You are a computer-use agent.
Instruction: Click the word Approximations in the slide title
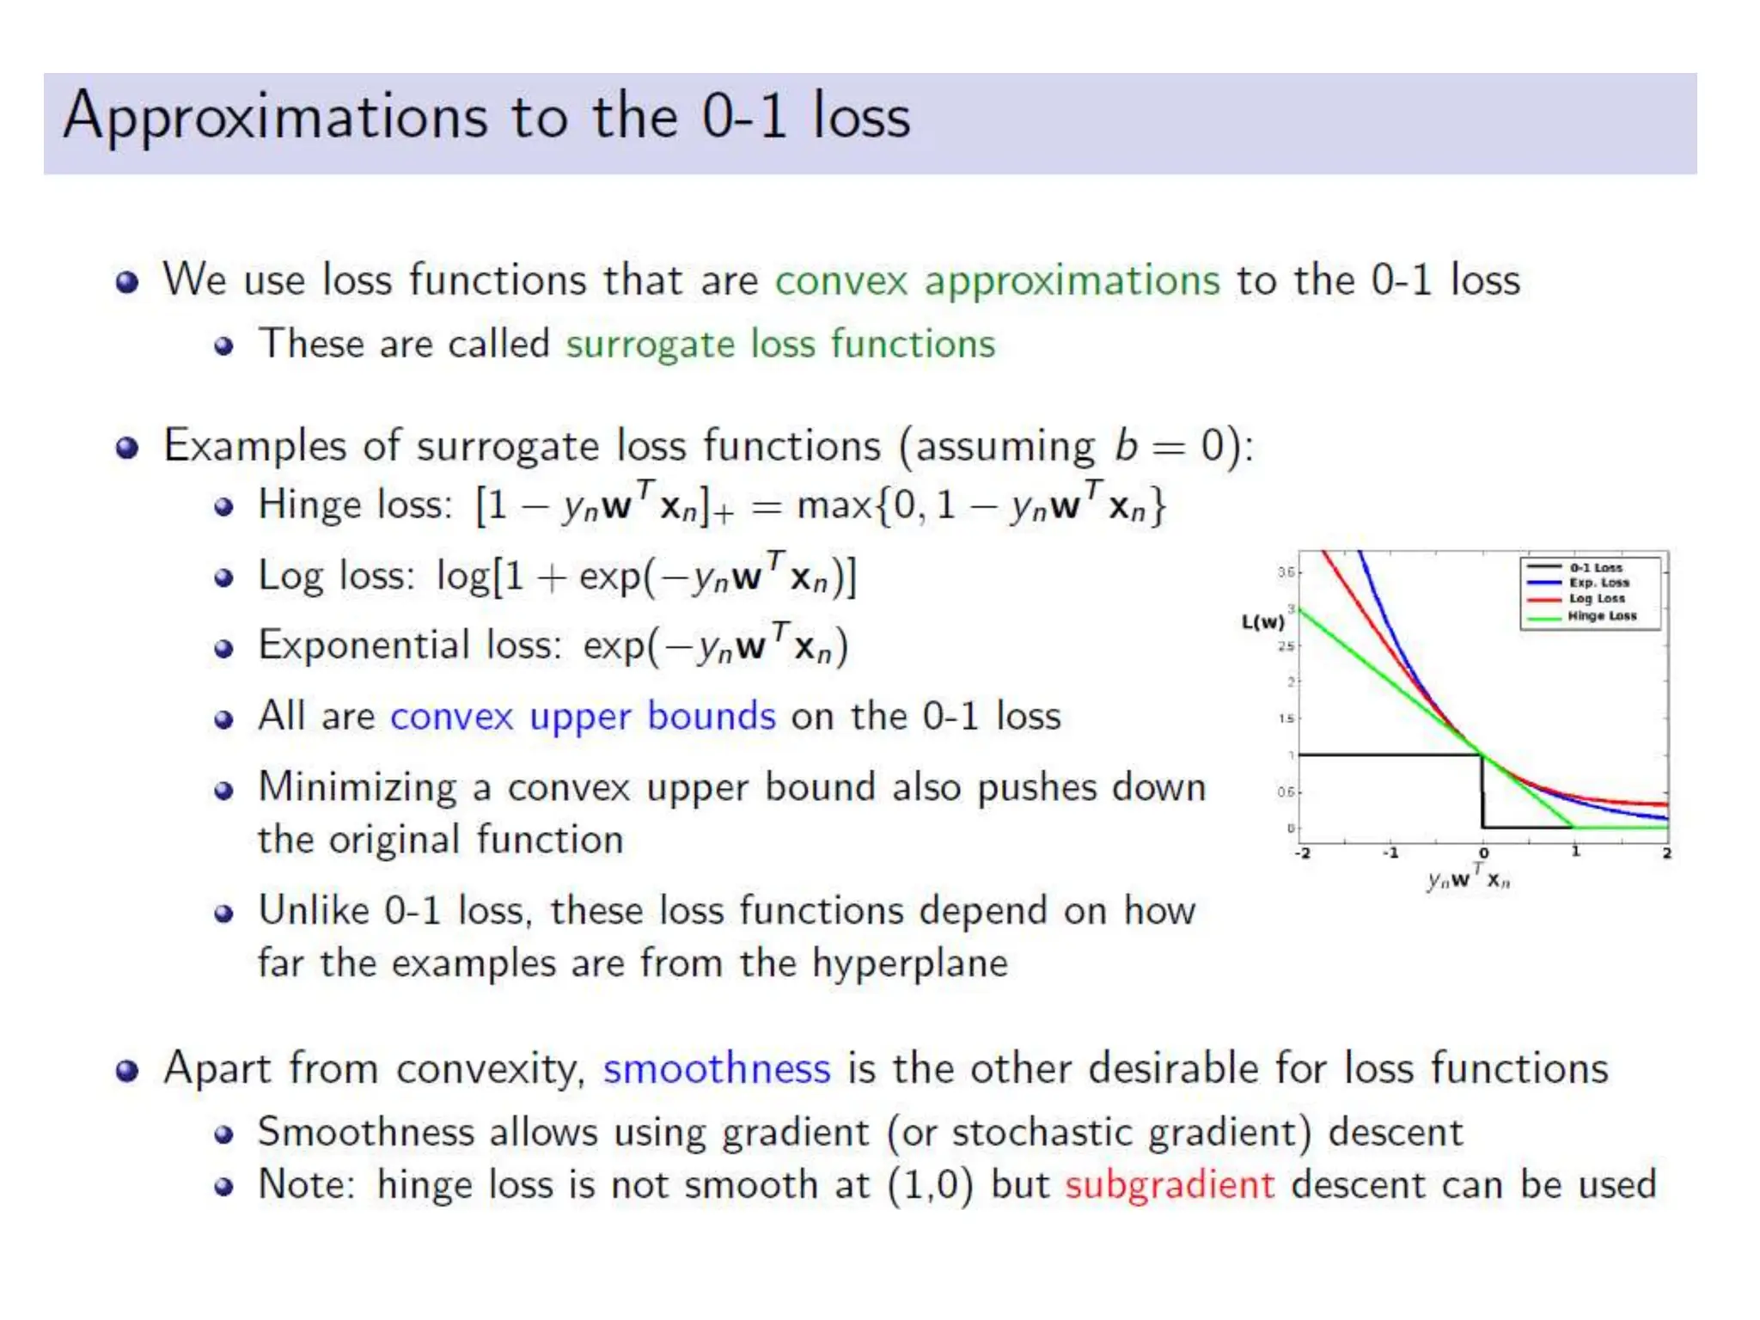[x=275, y=118]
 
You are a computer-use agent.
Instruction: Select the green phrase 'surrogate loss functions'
[x=779, y=345]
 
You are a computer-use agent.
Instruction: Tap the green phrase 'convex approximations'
[x=997, y=281]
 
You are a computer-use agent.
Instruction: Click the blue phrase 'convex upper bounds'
[x=583, y=716]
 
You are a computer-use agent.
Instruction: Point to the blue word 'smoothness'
[x=716, y=1069]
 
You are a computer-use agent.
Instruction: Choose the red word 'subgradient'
[x=1170, y=1185]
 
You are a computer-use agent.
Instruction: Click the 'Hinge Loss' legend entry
[x=1602, y=616]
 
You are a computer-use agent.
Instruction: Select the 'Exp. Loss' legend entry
[x=1598, y=583]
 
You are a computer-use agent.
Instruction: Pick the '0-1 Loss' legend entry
[x=1596, y=568]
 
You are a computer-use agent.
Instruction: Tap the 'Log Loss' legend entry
[x=1597, y=599]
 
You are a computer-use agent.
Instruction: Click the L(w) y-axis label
[x=1262, y=622]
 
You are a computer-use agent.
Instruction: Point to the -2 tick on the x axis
[x=1303, y=853]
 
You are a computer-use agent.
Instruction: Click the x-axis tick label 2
[x=1666, y=853]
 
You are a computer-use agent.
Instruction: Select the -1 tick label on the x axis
[x=1390, y=853]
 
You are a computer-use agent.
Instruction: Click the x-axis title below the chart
[x=1468, y=878]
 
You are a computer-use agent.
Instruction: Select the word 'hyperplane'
[x=910, y=964]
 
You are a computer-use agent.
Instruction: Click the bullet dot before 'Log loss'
[x=223, y=577]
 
